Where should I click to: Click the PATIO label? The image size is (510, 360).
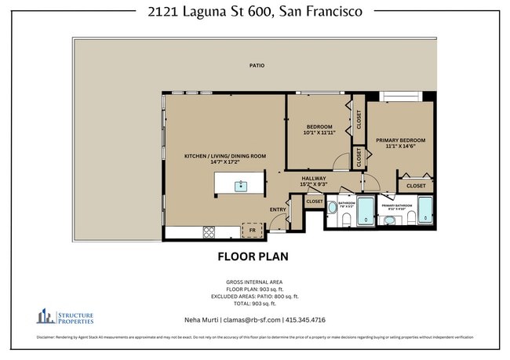pyautogui.click(x=256, y=66)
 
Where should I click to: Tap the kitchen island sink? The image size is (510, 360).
pyautogui.click(x=241, y=186)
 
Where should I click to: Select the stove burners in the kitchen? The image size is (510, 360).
pyautogui.click(x=211, y=231)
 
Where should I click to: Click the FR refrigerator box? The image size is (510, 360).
pyautogui.click(x=253, y=231)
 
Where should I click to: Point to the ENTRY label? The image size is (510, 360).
pyautogui.click(x=278, y=209)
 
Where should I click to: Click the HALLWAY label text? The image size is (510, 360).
pyautogui.click(x=314, y=178)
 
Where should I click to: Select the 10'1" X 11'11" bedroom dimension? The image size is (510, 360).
pyautogui.click(x=319, y=133)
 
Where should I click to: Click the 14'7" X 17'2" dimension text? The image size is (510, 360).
pyautogui.click(x=224, y=163)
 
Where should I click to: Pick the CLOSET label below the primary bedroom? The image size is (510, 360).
pyautogui.click(x=416, y=186)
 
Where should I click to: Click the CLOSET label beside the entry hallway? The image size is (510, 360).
pyautogui.click(x=314, y=202)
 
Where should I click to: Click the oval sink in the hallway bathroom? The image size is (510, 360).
pyautogui.click(x=333, y=208)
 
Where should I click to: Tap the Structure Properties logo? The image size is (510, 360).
pyautogui.click(x=65, y=317)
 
